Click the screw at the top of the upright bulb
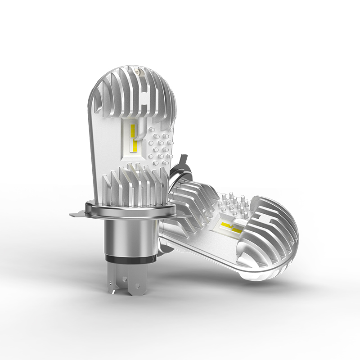[x=137, y=71]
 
